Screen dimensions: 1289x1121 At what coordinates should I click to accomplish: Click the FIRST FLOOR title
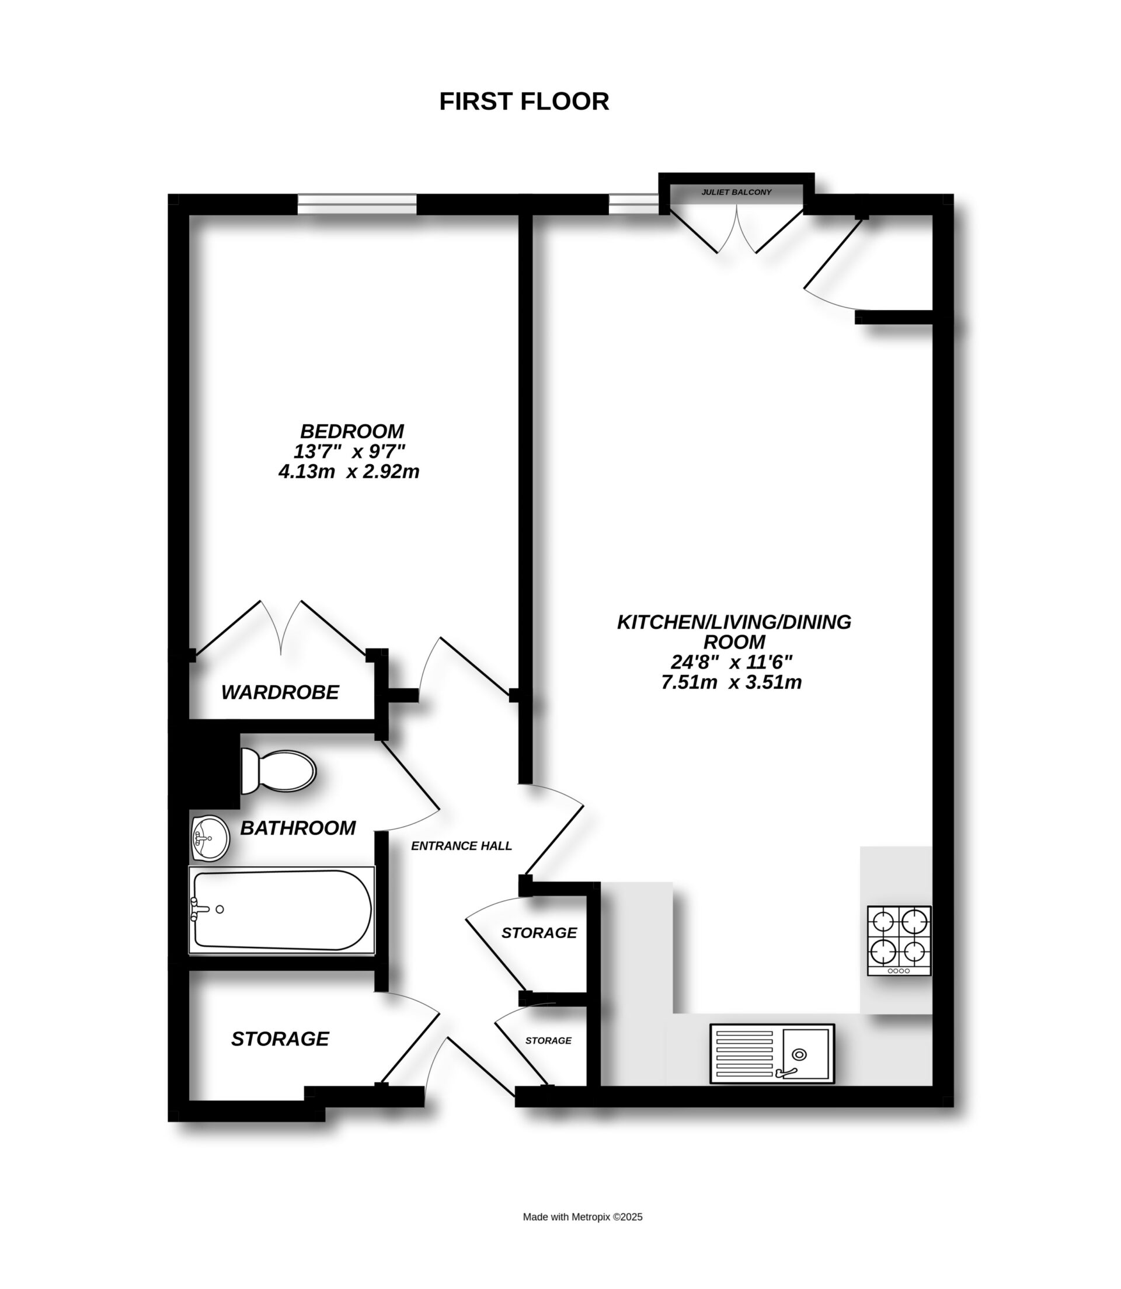(524, 102)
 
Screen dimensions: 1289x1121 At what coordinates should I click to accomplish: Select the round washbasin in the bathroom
(210, 838)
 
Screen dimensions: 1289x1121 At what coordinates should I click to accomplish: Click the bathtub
(281, 910)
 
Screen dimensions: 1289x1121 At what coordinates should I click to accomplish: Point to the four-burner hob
(899, 939)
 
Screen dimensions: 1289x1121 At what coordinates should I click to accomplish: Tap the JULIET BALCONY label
(736, 192)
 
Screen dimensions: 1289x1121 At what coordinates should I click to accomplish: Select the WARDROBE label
(280, 692)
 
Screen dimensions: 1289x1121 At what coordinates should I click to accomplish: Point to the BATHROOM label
(298, 828)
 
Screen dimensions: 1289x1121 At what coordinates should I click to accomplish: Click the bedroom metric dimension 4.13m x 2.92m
(349, 472)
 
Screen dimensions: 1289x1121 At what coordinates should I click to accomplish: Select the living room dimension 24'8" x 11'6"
(732, 661)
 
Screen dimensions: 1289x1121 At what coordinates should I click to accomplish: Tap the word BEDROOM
(351, 431)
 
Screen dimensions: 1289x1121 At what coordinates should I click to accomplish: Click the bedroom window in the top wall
(357, 204)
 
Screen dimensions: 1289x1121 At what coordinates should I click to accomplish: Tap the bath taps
(199, 909)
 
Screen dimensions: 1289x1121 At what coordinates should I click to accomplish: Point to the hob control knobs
(899, 971)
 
